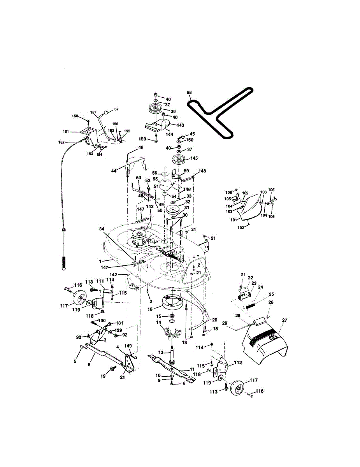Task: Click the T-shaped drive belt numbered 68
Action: tap(210, 113)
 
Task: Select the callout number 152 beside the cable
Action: tap(61, 142)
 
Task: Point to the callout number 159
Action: tap(143, 139)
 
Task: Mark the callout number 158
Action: tap(75, 116)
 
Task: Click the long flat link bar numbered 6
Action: tap(103, 354)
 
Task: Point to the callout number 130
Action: tap(102, 320)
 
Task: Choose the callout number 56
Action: tap(154, 173)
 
